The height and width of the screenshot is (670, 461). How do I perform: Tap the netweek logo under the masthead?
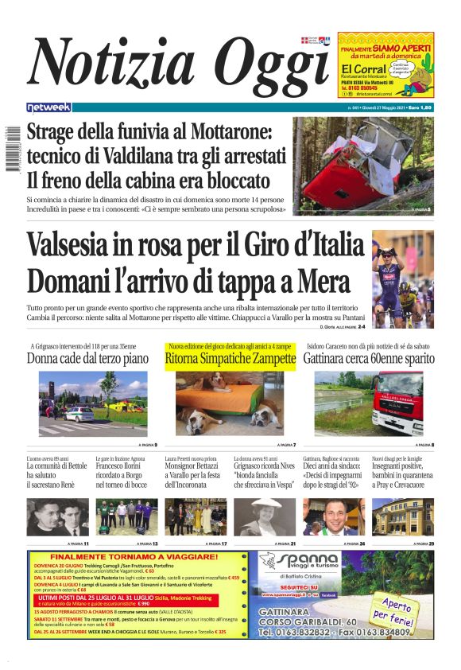[48, 107]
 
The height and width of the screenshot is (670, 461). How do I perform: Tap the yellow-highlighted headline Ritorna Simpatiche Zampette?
[230, 360]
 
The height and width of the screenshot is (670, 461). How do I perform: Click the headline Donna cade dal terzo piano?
[87, 359]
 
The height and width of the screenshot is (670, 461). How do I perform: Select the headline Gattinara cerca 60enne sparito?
[369, 360]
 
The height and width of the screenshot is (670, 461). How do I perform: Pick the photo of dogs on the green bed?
[230, 403]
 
